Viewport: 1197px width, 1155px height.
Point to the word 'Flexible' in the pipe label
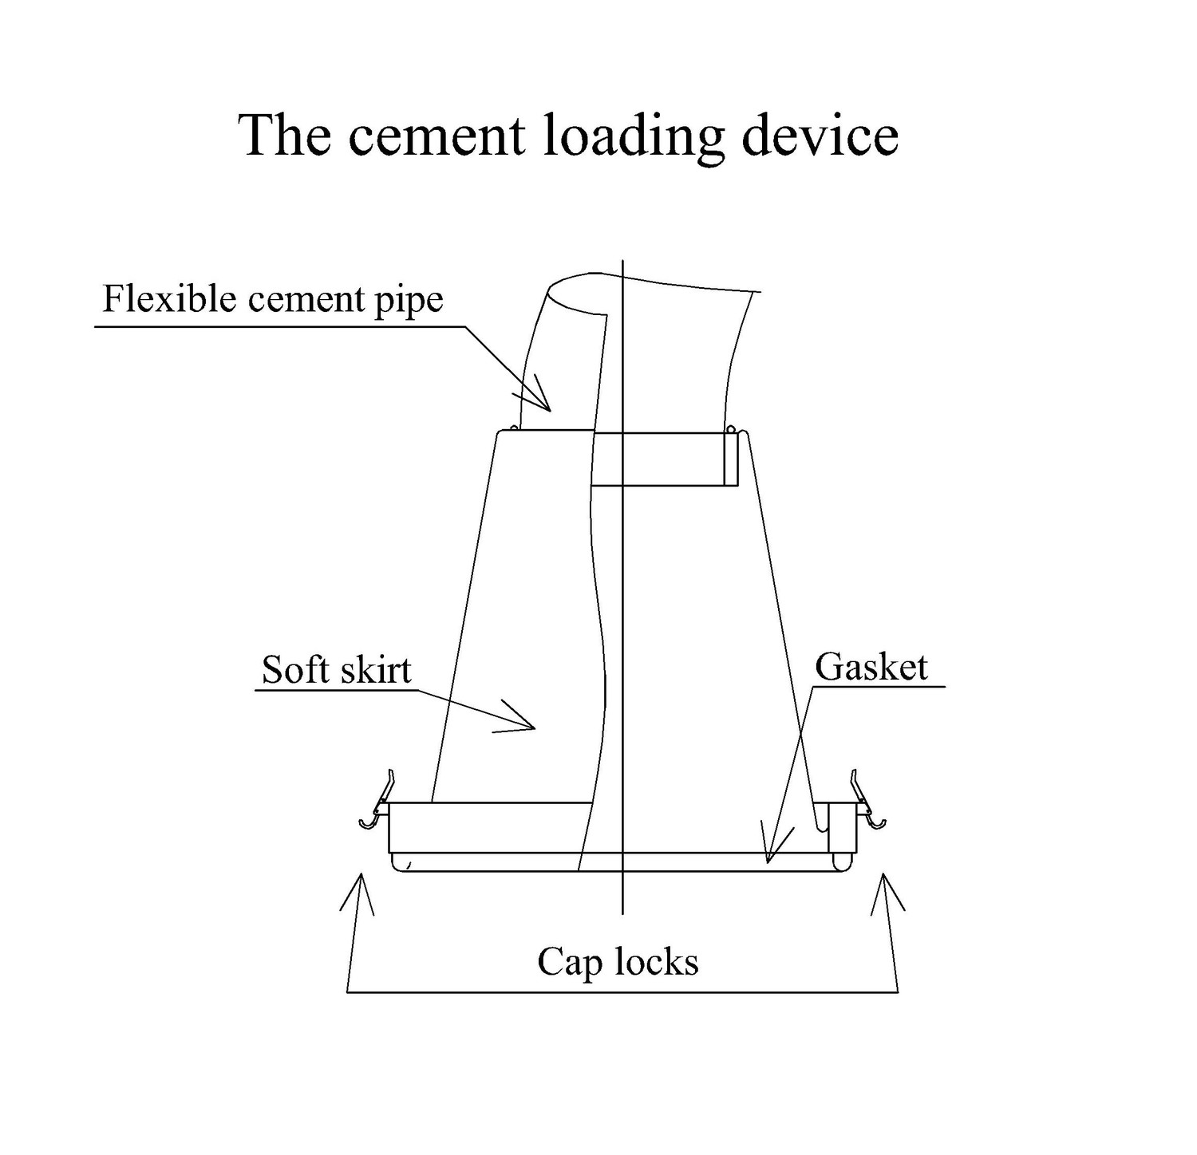(170, 299)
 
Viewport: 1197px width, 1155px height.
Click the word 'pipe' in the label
(409, 302)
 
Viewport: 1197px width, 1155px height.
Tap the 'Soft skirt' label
(336, 670)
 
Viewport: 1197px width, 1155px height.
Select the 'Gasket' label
(871, 667)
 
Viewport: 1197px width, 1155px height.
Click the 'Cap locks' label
(618, 962)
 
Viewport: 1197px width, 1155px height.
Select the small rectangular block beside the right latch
(840, 827)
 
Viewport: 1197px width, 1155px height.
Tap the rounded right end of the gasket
(843, 862)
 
